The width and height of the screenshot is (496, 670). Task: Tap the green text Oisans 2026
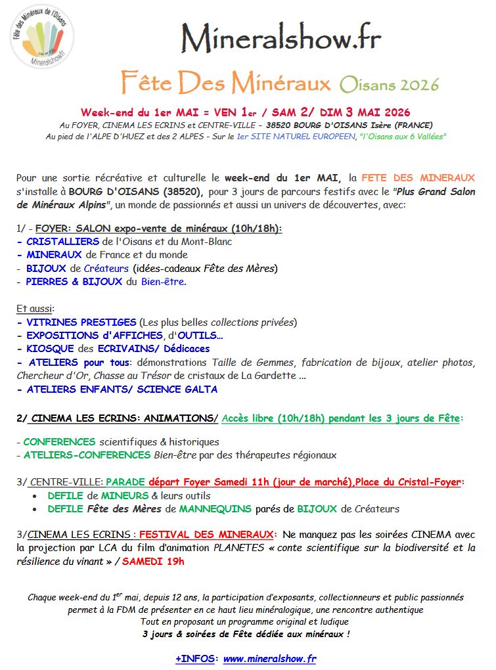389,85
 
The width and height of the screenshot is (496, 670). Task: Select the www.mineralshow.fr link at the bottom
270,658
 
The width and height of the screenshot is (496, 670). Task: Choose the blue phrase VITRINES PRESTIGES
81,322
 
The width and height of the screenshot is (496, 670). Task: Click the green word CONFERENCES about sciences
59,442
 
